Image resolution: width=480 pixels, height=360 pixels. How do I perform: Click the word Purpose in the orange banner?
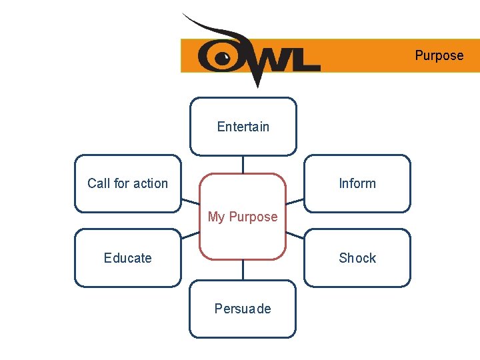pyautogui.click(x=439, y=55)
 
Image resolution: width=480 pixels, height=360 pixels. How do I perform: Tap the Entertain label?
pyautogui.click(x=243, y=127)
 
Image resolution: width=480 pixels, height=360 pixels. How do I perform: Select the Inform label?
pyautogui.click(x=357, y=183)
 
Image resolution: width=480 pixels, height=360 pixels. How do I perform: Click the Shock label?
pyautogui.click(x=357, y=258)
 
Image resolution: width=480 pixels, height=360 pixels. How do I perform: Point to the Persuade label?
pyautogui.click(x=243, y=309)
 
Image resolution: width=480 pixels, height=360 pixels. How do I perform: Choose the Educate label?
pyautogui.click(x=127, y=258)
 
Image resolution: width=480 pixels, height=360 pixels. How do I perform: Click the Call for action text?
pyautogui.click(x=127, y=183)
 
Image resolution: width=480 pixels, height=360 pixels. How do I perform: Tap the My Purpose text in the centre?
pyautogui.click(x=243, y=217)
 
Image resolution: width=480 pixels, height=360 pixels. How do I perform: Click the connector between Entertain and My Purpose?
pyautogui.click(x=243, y=164)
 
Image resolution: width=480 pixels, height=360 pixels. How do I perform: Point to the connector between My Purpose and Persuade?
pyautogui.click(x=243, y=269)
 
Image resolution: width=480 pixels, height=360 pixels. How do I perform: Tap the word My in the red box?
pyautogui.click(x=217, y=217)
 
